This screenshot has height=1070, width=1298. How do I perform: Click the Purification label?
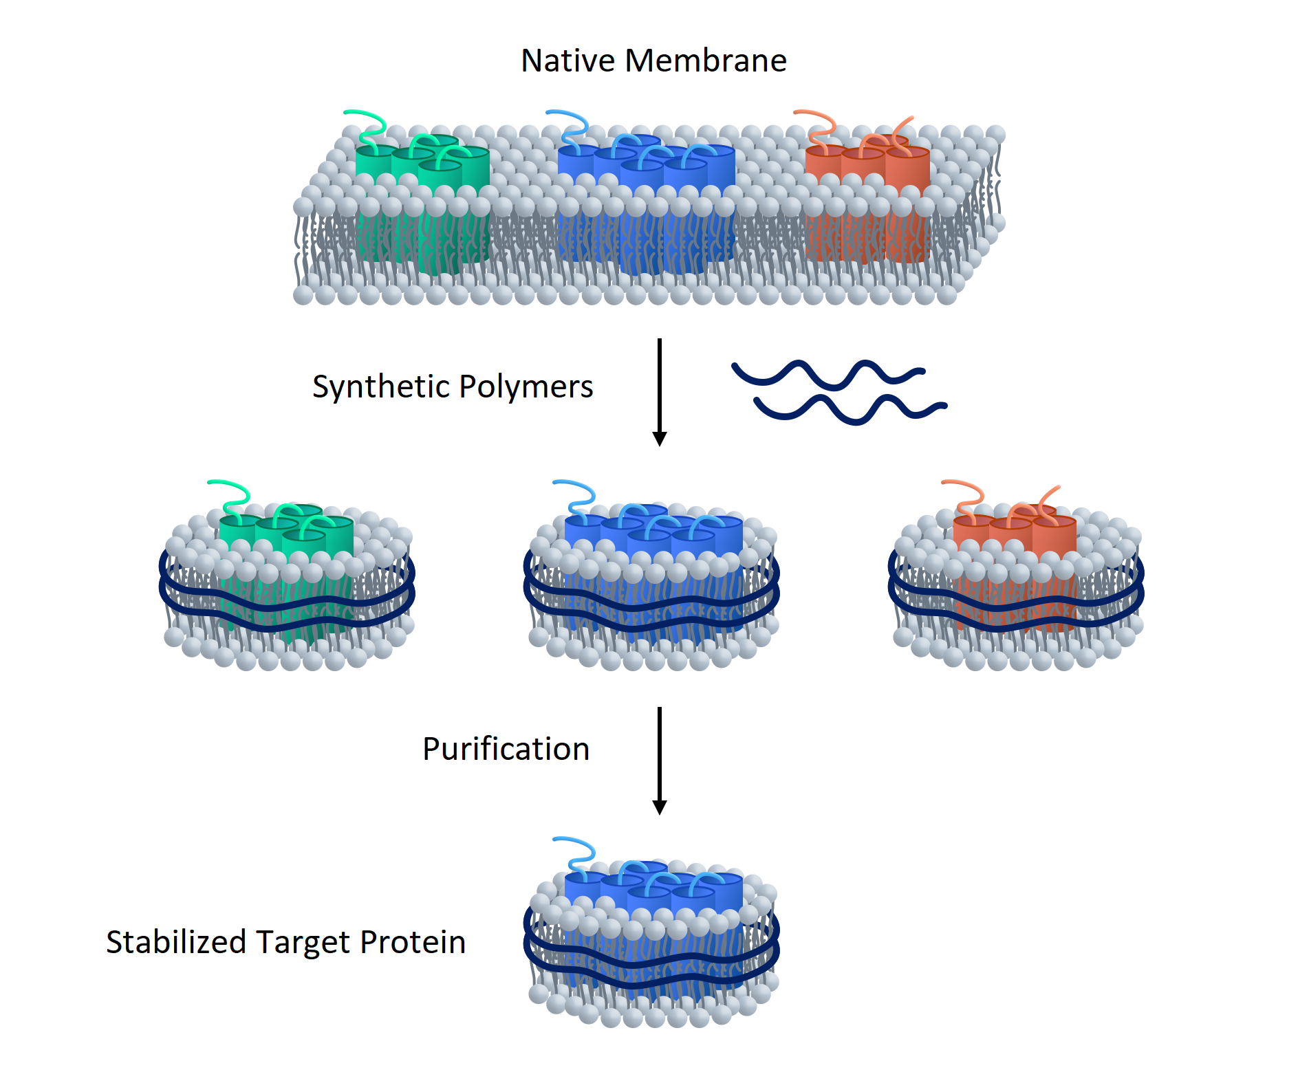point(506,749)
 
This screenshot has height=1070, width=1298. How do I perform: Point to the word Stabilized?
point(175,942)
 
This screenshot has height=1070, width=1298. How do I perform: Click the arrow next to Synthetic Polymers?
point(659,392)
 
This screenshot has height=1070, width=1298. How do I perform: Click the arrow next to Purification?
point(659,760)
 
